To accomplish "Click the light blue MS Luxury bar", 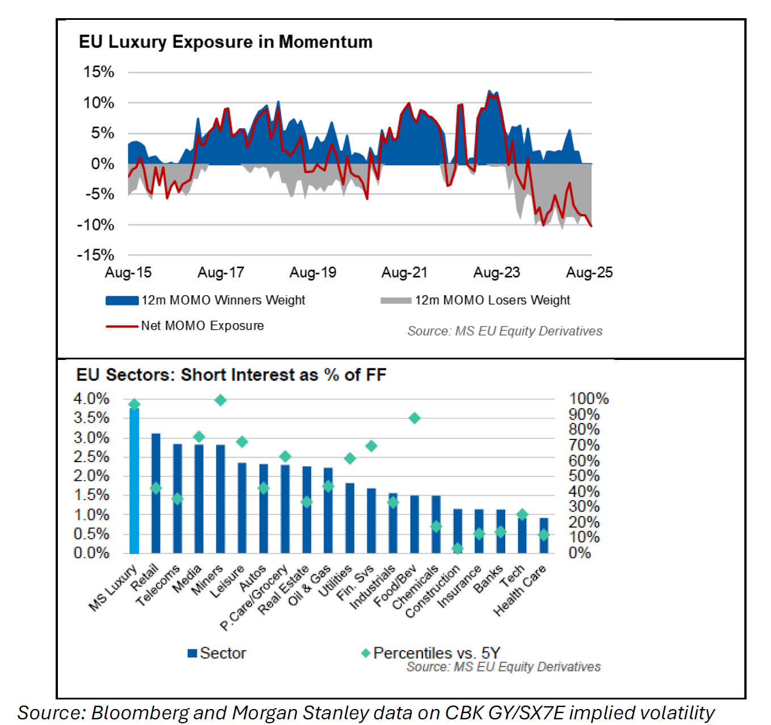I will (x=134, y=480).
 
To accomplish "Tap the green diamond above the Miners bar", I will (x=221, y=400).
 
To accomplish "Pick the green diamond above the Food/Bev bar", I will (x=414, y=418).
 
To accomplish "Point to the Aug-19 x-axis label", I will (x=313, y=273).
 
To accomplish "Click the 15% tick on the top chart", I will (x=99, y=72).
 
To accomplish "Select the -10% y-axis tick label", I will (x=95, y=225).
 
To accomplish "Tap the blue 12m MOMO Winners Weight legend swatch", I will (x=121, y=300).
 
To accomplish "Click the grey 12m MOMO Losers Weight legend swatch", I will (x=396, y=300).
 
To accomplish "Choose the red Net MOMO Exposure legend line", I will (x=121, y=326).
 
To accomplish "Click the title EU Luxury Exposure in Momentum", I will (x=225, y=42).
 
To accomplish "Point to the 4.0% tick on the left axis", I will (x=91, y=399).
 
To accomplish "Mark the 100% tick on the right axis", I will (x=589, y=399).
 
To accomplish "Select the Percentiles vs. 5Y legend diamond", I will (x=366, y=653).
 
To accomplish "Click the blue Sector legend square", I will (x=192, y=653).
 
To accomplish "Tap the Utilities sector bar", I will (x=350, y=518).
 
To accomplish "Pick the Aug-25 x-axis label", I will (x=589, y=273).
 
